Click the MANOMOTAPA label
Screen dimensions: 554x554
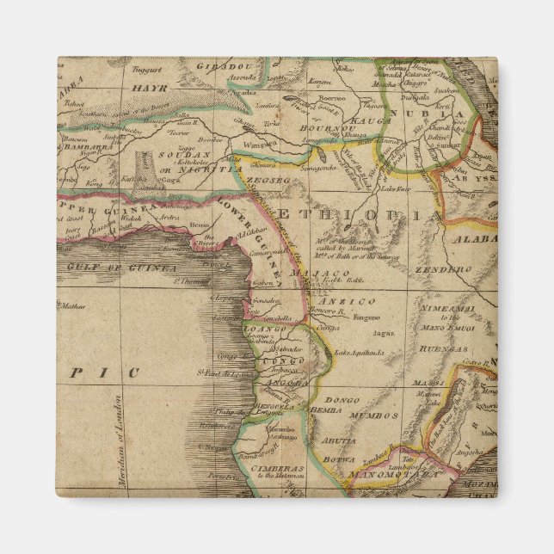click(x=398, y=472)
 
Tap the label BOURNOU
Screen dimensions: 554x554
click(x=323, y=128)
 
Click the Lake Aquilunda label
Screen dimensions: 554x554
click(x=356, y=353)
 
